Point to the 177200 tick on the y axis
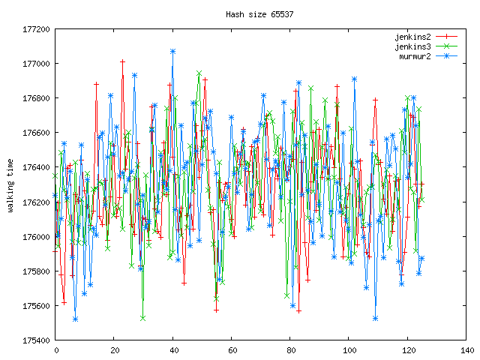click(x=36, y=29)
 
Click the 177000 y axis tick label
click(x=36, y=64)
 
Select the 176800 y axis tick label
click(x=36, y=98)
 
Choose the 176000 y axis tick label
click(x=36, y=237)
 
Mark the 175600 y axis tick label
click(x=36, y=306)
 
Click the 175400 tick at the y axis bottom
click(x=36, y=340)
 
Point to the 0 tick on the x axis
click(x=55, y=350)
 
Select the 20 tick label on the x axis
click(x=114, y=350)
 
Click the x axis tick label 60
click(x=232, y=350)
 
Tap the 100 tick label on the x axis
click(x=349, y=350)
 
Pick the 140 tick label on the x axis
click(x=467, y=350)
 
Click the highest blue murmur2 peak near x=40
click(x=173, y=52)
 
